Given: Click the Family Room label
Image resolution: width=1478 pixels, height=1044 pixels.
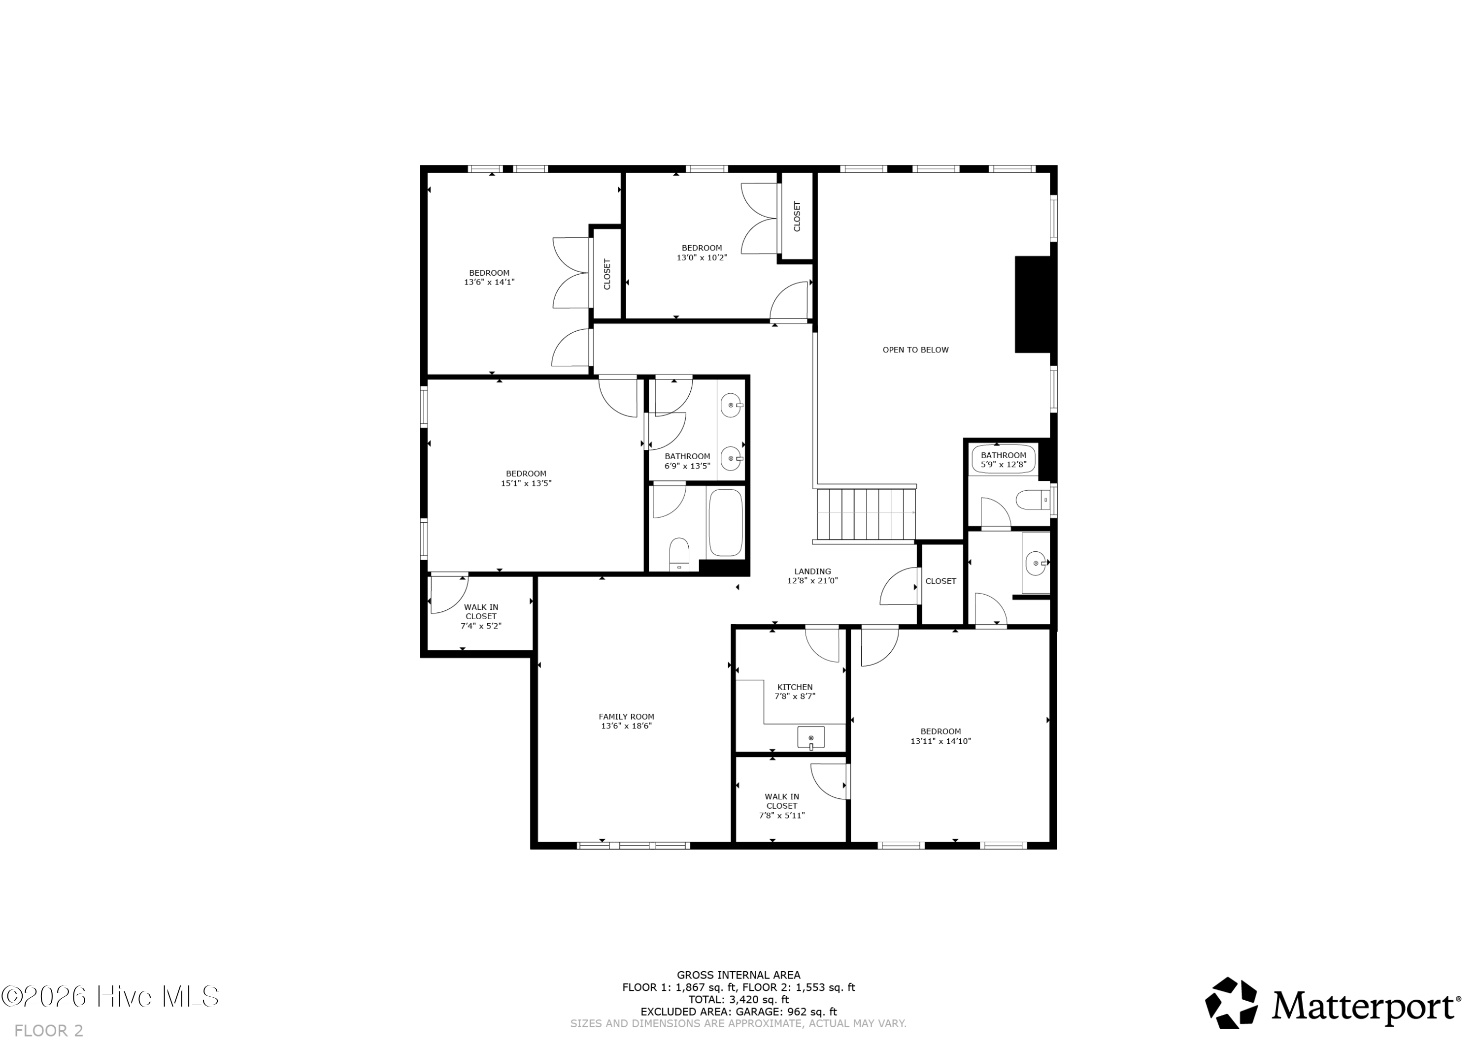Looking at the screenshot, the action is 626,721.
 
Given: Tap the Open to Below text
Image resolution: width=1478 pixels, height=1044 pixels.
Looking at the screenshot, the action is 915,350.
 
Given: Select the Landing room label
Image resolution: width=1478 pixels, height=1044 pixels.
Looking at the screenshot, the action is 812,576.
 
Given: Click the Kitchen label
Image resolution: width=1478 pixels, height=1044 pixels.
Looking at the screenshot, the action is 795,692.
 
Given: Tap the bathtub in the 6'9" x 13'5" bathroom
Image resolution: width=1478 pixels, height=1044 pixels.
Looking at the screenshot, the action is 726,523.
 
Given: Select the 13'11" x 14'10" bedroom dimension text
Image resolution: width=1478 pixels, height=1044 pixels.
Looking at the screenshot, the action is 941,741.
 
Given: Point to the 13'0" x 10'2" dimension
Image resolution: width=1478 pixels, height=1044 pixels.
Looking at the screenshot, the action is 702,258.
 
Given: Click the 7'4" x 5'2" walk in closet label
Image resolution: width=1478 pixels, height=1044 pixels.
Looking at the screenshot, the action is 481,616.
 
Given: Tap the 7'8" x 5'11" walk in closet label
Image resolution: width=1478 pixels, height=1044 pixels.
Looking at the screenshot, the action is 781,806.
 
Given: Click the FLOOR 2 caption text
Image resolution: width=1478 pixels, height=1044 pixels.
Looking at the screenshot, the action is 49,1031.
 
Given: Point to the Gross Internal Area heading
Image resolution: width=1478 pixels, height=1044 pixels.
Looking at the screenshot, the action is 739,975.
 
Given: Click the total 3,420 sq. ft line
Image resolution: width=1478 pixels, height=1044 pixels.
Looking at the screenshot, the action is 739,1000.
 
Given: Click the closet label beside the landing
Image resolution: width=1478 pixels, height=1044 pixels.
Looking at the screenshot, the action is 941,581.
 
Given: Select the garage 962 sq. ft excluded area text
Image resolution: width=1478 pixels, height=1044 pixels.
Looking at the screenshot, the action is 739,1012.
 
